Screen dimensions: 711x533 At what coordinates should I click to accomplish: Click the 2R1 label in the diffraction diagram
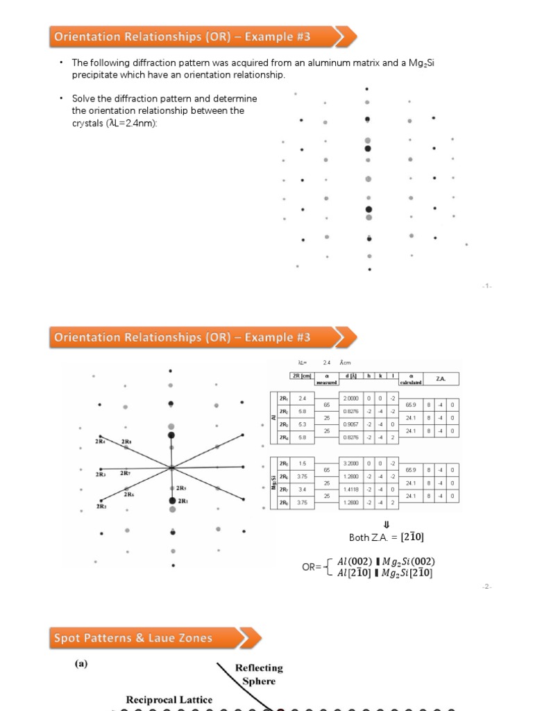[183, 501]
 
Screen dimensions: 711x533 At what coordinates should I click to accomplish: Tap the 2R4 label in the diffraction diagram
[101, 442]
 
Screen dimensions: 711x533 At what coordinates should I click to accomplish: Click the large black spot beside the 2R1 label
[171, 500]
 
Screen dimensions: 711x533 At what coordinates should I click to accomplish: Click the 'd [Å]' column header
[350, 376]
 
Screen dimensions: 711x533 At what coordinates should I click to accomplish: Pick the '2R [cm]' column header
[301, 376]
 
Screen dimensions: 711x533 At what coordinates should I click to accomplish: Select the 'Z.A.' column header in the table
[440, 378]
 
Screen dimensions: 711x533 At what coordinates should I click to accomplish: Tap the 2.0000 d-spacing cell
[350, 398]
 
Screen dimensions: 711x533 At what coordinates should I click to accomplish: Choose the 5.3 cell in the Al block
[302, 424]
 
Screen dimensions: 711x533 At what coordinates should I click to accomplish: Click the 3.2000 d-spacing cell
[350, 463]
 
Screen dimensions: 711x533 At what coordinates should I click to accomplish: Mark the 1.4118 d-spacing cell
[350, 489]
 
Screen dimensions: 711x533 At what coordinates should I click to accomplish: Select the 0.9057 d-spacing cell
[350, 424]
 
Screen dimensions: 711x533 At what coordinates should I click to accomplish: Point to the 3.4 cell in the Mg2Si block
[302, 489]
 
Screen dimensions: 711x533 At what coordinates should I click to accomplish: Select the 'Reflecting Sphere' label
[258, 674]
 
